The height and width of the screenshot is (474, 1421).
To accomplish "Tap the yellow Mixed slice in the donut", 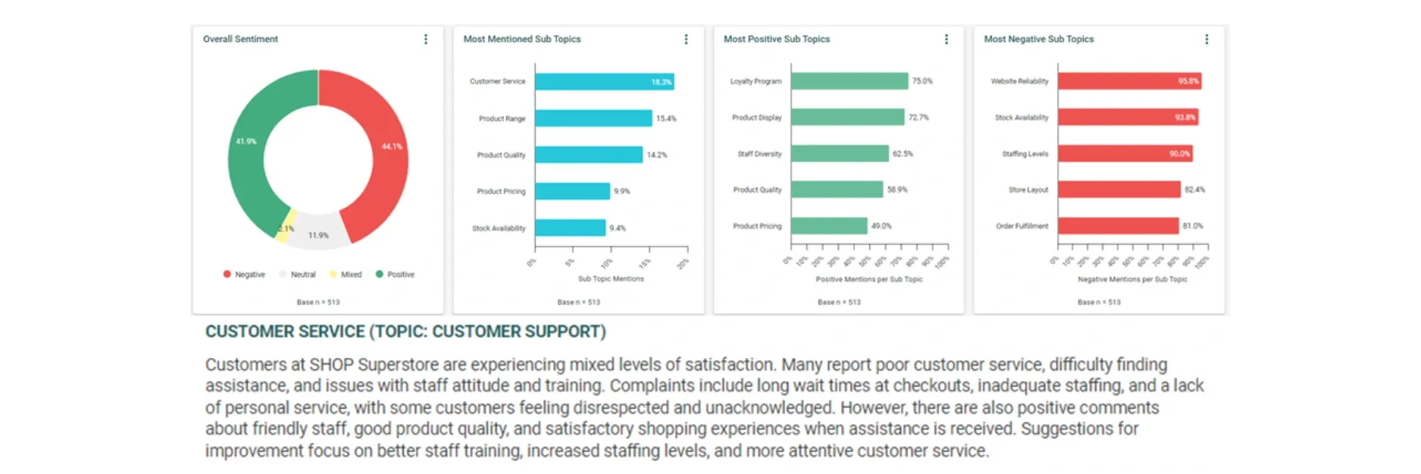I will pos(282,232).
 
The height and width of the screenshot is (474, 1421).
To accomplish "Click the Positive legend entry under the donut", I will pos(395,275).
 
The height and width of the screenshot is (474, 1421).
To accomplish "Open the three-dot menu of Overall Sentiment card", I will pos(425,39).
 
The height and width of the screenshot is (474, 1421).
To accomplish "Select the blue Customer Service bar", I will pos(604,82).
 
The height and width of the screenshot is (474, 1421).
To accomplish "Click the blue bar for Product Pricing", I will pos(572,191).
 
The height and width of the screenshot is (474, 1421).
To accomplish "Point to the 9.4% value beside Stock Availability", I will pos(618,228).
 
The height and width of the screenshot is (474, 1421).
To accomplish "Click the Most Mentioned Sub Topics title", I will pos(521,39).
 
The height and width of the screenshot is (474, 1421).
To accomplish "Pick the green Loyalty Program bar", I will pos(849,81).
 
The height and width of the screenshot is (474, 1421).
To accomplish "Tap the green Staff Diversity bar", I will pos(839,154).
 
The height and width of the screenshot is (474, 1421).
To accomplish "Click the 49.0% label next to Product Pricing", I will pos(881,226).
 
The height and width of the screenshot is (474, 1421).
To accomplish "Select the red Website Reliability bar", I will pos(1129,81).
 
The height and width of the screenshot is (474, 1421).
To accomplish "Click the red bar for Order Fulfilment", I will pos(1118,226).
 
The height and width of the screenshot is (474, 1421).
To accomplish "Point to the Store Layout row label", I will pos(1028,190).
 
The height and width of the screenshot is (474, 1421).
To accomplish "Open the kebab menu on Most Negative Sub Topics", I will pos(1207,39).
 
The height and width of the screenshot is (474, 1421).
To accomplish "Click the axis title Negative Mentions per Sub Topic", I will pos(1132,279).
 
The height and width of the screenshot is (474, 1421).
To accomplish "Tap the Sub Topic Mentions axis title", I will pos(611,279).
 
